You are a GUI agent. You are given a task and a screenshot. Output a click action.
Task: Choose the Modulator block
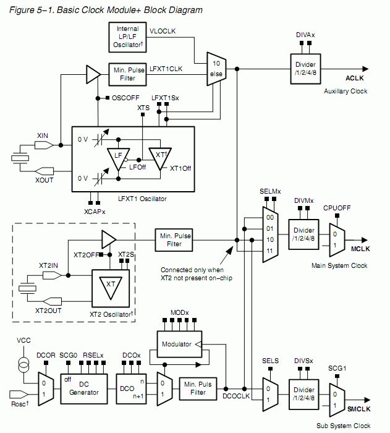(x=178, y=344)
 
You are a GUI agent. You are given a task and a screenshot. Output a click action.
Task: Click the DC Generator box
(x=83, y=388)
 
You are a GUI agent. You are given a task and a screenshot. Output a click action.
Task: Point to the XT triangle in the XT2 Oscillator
(x=111, y=286)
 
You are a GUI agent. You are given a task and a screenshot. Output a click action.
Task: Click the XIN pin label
(x=43, y=134)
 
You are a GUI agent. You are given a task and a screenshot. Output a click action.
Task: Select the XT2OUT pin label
(x=48, y=310)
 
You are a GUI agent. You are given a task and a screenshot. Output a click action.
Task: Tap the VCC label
(x=23, y=340)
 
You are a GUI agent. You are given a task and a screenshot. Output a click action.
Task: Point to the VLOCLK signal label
(x=163, y=30)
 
